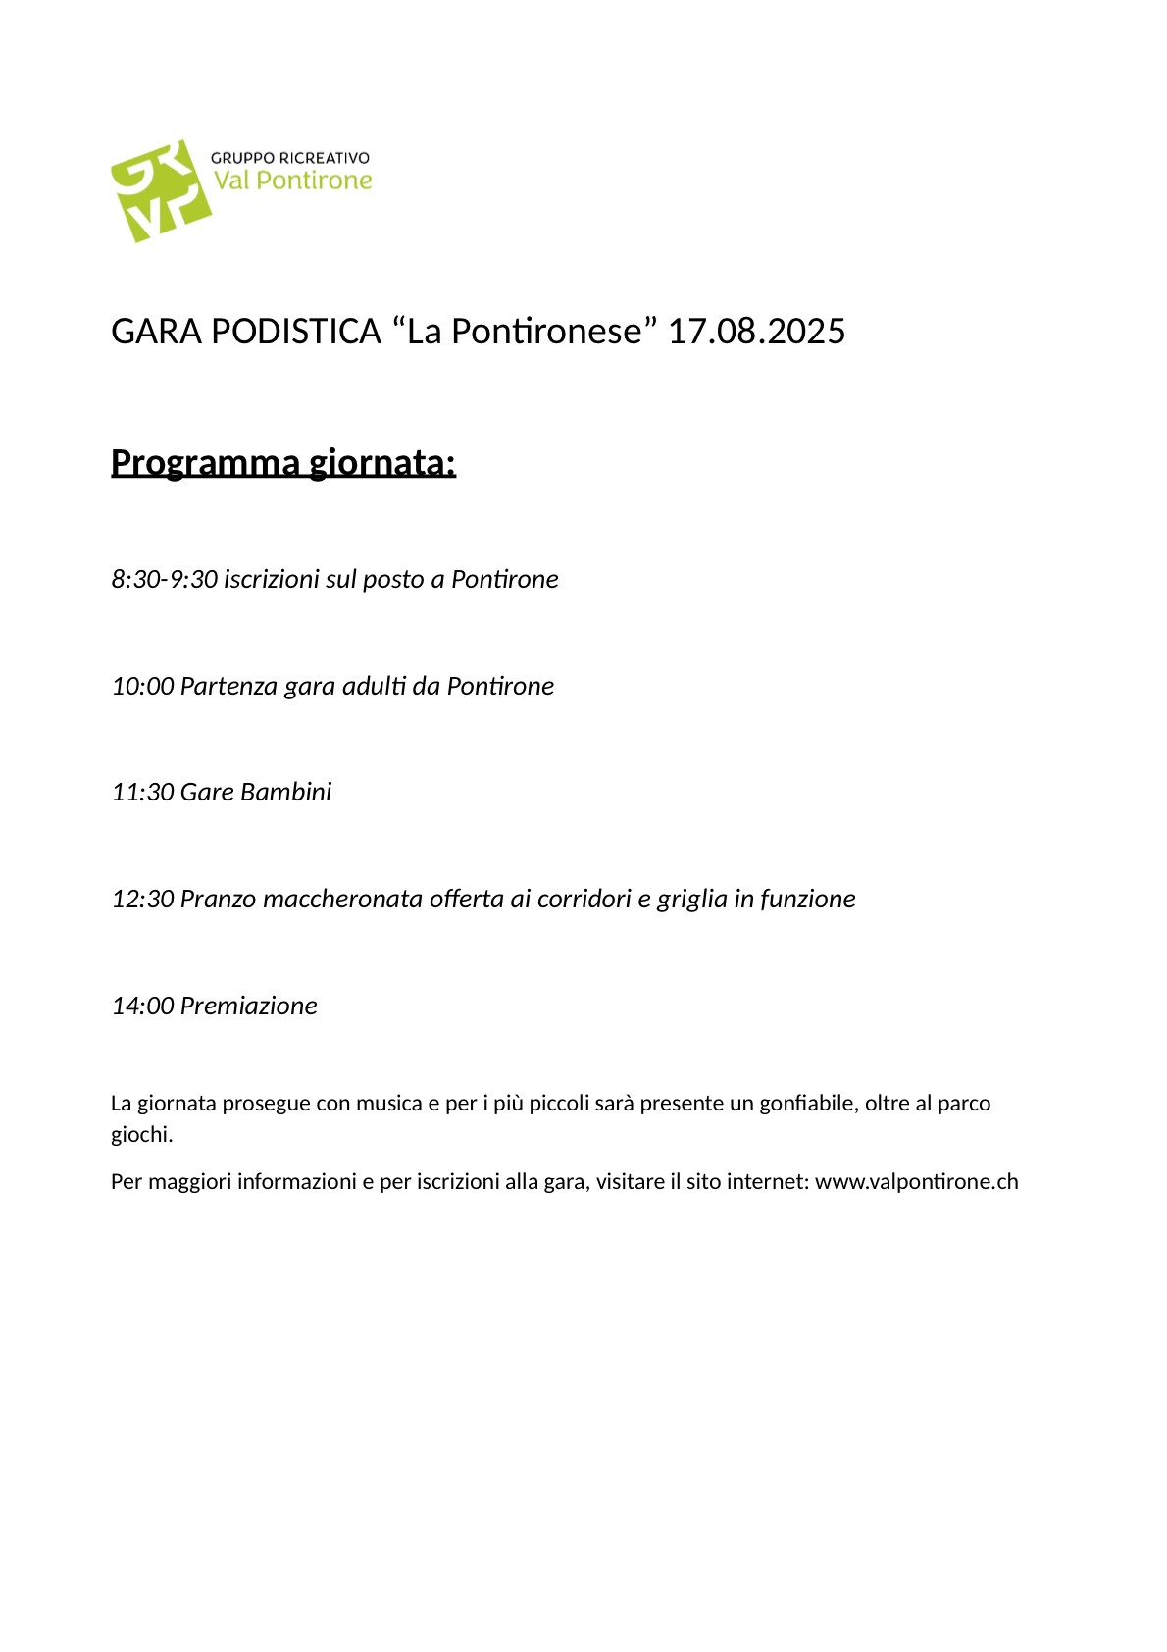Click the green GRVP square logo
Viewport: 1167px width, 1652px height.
tap(160, 191)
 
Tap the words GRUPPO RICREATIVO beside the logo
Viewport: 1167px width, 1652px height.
tap(290, 158)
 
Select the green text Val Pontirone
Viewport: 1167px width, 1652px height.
tap(293, 181)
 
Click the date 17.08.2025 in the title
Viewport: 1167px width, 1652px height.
tap(756, 332)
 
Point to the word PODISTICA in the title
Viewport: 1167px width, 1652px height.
tap(295, 332)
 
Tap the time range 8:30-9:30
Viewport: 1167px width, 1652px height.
tap(164, 579)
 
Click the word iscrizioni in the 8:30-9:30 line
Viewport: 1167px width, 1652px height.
tap(271, 579)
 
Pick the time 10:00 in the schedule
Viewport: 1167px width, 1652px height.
tap(142, 686)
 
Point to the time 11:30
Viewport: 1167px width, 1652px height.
tap(142, 792)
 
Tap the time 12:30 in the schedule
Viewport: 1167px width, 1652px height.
tap(142, 899)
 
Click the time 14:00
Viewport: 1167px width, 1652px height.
tap(142, 1006)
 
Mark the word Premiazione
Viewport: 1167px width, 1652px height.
tap(249, 1006)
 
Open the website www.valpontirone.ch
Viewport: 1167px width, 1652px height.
tap(916, 1182)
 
